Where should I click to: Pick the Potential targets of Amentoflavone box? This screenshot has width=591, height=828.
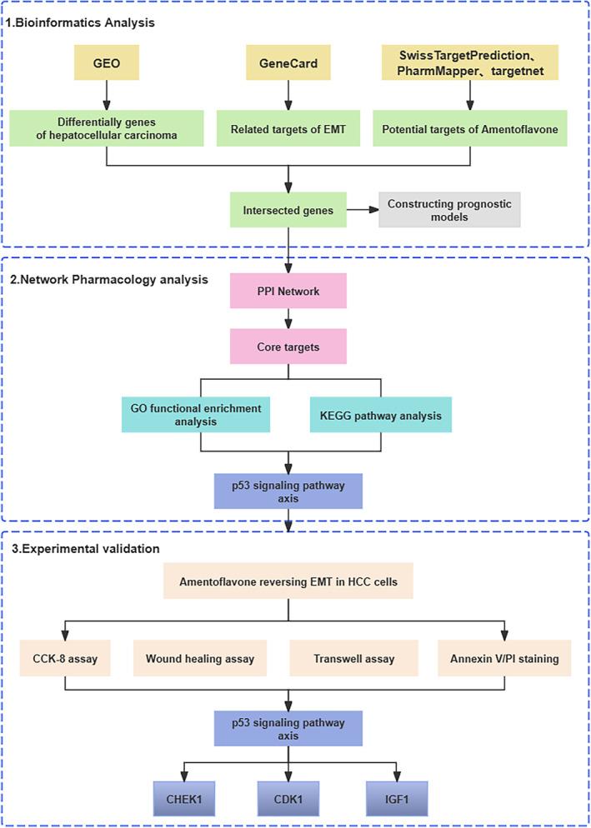471,129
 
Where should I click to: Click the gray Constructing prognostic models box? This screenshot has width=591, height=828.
448,211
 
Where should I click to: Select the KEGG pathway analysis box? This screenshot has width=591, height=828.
380,414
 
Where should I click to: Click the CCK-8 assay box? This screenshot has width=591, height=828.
66,659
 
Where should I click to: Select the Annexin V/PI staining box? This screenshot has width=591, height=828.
504,659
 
